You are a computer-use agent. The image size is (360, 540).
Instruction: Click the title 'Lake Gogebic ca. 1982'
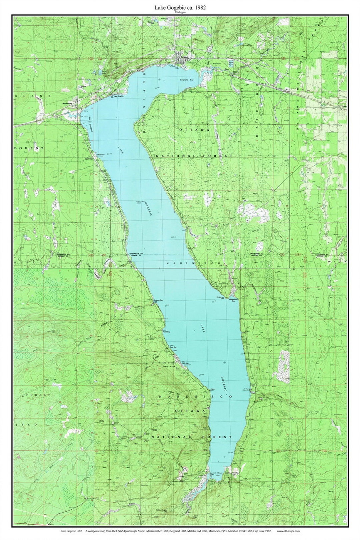click(x=180, y=7)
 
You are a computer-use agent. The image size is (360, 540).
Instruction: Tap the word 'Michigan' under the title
click(x=180, y=12)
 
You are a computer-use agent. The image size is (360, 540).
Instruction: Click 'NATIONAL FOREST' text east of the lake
click(x=194, y=156)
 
